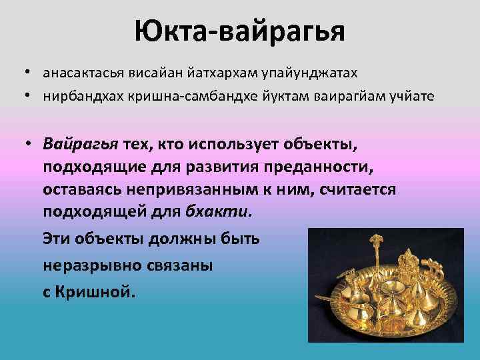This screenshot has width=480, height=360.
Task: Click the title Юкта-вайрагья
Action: point(239,31)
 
